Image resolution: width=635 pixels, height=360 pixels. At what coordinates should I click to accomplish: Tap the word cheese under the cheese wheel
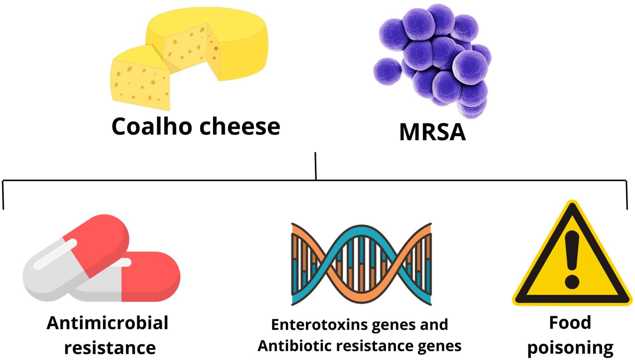click(240, 126)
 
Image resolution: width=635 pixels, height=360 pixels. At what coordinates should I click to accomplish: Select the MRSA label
click(432, 132)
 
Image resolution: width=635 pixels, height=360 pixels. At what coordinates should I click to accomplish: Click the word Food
click(570, 322)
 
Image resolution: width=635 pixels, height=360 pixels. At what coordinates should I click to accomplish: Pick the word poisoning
click(570, 348)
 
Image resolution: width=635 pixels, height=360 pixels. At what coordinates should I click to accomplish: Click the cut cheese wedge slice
click(140, 78)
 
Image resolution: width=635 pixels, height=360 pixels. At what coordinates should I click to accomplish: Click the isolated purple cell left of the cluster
click(387, 71)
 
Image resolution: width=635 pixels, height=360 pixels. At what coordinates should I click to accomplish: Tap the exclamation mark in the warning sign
click(572, 260)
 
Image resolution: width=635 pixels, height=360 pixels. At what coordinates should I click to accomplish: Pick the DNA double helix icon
click(362, 264)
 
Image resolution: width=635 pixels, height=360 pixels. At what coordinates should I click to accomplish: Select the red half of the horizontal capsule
click(150, 277)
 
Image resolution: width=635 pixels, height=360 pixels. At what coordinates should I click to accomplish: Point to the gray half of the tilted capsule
click(54, 269)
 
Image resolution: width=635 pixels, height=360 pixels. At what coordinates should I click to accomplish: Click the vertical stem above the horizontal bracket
click(316, 166)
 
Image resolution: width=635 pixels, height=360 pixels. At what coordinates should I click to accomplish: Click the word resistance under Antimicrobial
click(110, 348)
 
